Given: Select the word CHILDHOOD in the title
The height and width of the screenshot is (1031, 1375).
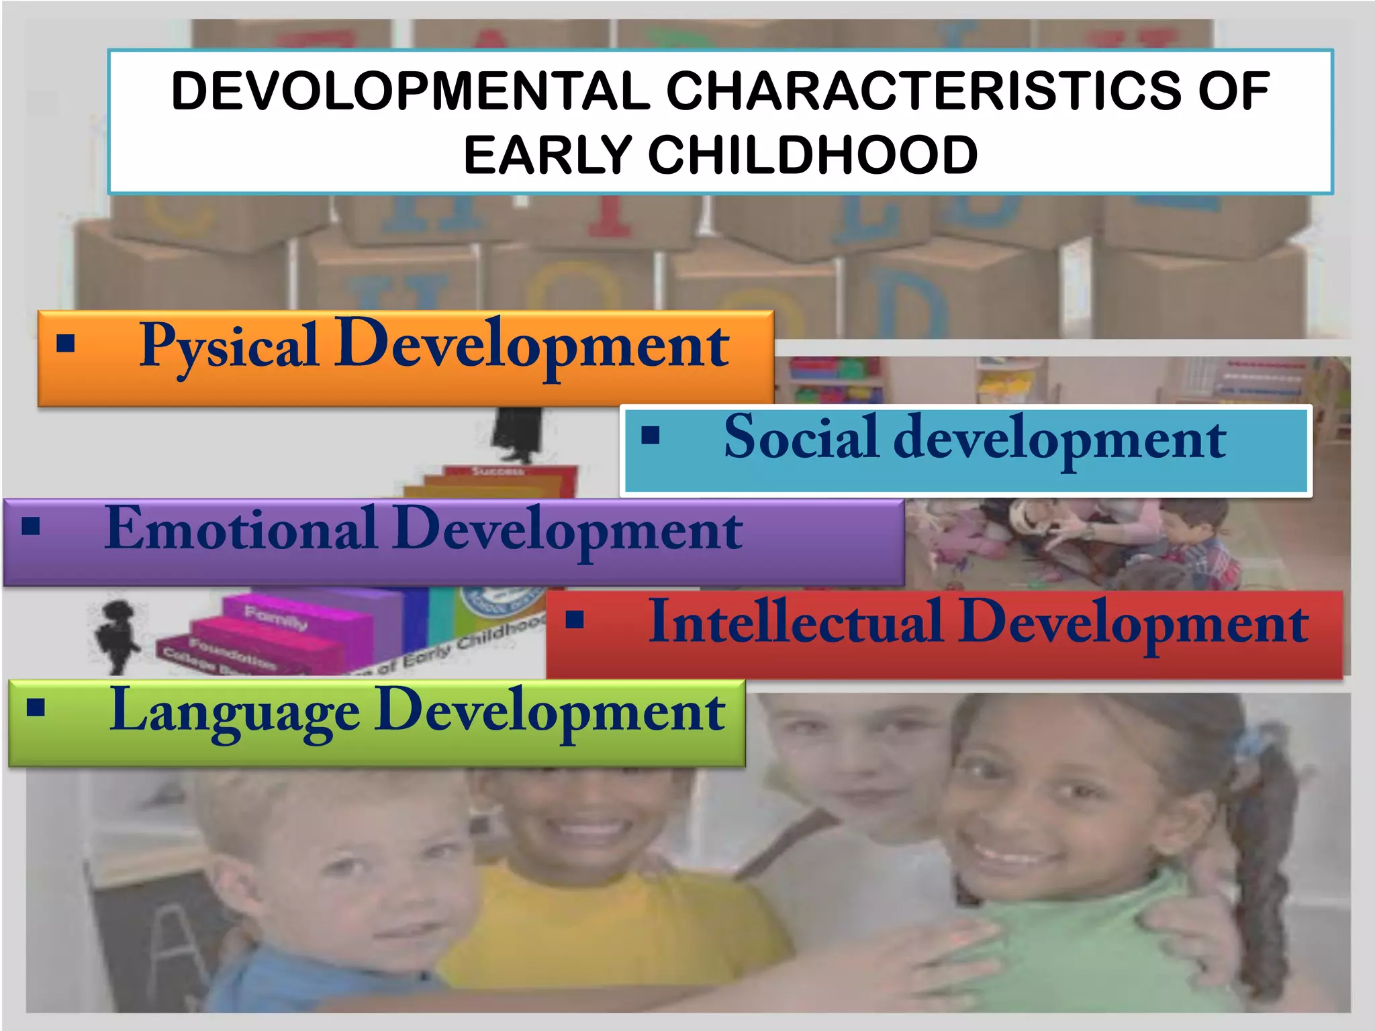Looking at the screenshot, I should [x=812, y=155].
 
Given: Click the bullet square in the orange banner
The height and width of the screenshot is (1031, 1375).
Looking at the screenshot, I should [x=66, y=344].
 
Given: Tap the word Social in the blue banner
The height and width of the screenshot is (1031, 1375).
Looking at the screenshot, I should [x=800, y=438].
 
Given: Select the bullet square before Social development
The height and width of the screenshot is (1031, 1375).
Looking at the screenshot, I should [x=651, y=436].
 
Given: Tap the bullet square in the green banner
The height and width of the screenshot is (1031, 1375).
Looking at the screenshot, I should [x=36, y=707].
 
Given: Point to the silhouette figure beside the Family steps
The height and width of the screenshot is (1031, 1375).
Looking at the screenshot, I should [x=116, y=634].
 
